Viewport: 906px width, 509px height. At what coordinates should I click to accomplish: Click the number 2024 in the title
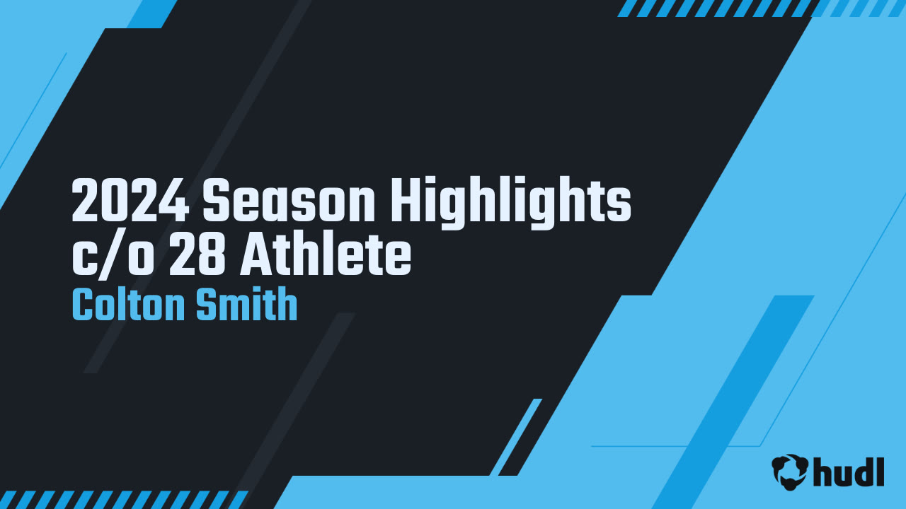pyautogui.click(x=130, y=202)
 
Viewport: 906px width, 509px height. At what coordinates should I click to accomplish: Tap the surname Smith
pyautogui.click(x=246, y=306)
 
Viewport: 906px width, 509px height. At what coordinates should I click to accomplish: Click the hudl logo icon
pyautogui.click(x=790, y=472)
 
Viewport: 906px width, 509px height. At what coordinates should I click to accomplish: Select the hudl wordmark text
pyautogui.click(x=849, y=471)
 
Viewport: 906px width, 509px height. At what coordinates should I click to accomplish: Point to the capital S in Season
pyautogui.click(x=218, y=202)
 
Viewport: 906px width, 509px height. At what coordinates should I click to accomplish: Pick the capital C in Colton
pyautogui.click(x=83, y=306)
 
